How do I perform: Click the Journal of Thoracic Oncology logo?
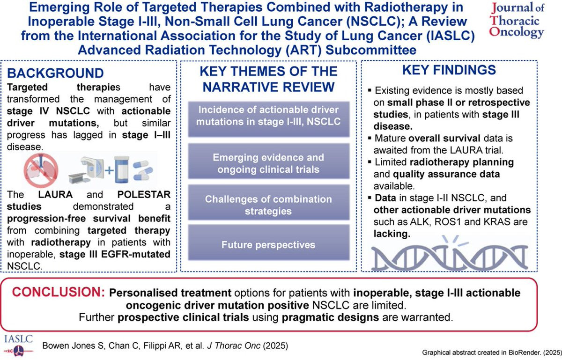(x=517, y=21)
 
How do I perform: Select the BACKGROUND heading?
(x=55, y=73)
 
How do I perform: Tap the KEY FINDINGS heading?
(x=449, y=70)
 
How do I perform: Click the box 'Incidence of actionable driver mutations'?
(x=269, y=119)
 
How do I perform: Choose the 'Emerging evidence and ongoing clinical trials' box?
(x=269, y=161)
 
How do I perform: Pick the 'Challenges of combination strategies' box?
(x=269, y=202)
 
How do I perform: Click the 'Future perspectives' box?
(x=269, y=242)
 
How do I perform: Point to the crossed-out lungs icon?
(x=41, y=170)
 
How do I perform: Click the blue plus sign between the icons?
(x=109, y=170)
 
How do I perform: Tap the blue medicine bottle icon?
(x=121, y=169)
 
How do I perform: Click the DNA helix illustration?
(x=449, y=254)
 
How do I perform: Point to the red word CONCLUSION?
(x=59, y=292)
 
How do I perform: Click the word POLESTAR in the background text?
(x=144, y=195)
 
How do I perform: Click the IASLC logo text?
(x=18, y=339)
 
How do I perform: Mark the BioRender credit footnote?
(x=492, y=353)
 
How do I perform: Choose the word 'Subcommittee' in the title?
(x=371, y=50)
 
